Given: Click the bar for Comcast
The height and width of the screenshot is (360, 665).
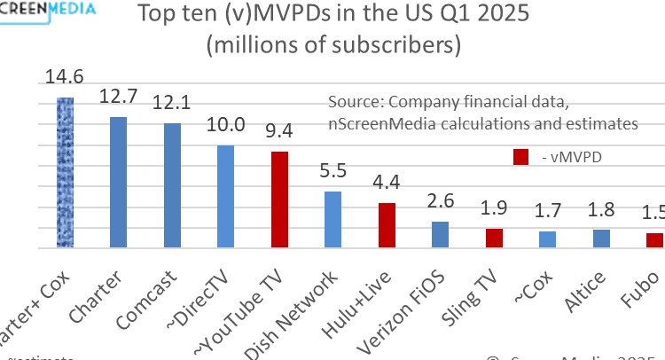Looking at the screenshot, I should click(x=173, y=186).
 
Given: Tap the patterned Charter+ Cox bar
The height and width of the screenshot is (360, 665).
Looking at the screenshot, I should click(x=65, y=174).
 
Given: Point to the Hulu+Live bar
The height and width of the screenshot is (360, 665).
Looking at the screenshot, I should click(x=387, y=226).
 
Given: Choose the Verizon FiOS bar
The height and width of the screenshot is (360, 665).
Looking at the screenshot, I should click(x=440, y=235).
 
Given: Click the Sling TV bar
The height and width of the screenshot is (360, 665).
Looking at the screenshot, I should click(x=494, y=239).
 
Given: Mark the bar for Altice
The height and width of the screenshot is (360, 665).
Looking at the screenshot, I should click(x=601, y=239).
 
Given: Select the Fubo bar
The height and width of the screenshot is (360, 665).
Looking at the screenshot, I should click(x=654, y=241).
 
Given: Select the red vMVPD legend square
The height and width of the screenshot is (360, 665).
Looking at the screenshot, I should click(x=521, y=157).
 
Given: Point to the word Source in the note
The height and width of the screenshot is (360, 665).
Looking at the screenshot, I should click(x=355, y=101).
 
